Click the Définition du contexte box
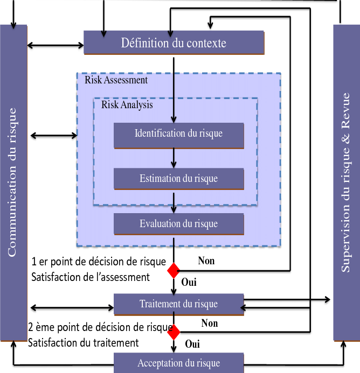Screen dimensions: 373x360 coord(174,43)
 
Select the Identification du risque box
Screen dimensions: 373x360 coord(178,133)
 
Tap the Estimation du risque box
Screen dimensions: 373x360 coord(178,178)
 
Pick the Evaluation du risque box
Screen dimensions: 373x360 coord(178,223)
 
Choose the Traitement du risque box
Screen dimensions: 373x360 coord(178,304)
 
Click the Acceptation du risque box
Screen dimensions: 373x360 coord(178,363)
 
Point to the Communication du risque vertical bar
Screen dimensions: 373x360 coord(13,183)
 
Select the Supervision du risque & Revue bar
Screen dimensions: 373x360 coord(346,183)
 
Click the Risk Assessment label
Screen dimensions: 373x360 coord(116,80)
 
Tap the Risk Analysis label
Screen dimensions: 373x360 coord(127,105)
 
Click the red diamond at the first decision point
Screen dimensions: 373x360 coord(174,270)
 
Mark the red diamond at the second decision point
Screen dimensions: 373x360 coord(174,332)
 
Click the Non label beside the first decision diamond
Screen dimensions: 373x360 coord(206,261)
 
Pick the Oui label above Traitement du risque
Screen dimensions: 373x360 coord(189,281)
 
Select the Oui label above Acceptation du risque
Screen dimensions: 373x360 coord(192,343)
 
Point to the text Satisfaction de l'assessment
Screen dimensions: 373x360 coord(90,278)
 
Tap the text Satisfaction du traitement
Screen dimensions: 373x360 coord(83,342)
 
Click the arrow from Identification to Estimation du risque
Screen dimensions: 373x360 coord(174,158)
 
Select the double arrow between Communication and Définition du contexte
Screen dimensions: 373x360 coord(55,45)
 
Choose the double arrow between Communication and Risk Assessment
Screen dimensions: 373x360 coord(54,135)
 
